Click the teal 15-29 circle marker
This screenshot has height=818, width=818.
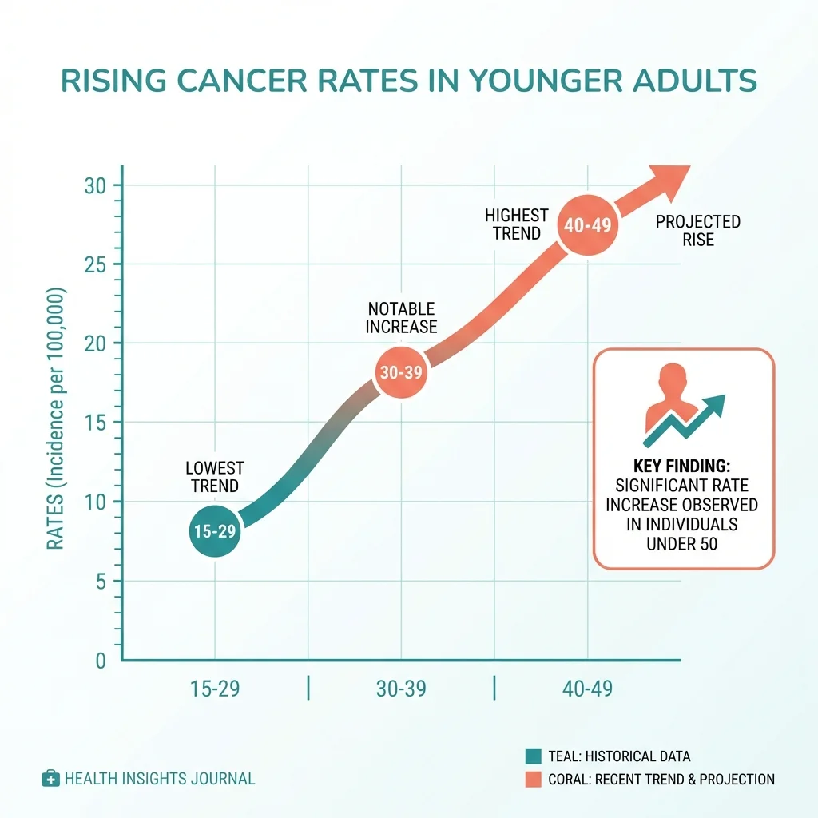click(x=214, y=531)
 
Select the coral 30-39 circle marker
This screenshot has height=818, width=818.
click(x=402, y=372)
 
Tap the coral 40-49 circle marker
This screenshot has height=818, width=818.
click(x=587, y=225)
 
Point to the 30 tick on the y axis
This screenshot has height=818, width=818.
click(x=96, y=186)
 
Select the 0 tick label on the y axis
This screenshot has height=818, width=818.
click(x=101, y=661)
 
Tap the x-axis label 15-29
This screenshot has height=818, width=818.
click(x=214, y=689)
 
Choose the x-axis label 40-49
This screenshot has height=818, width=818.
click(x=587, y=689)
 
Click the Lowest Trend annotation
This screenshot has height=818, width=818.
click(x=214, y=477)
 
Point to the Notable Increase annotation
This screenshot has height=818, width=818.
click(x=402, y=318)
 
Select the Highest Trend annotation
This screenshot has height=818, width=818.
click(x=517, y=224)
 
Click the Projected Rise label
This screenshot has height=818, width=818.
click(x=697, y=231)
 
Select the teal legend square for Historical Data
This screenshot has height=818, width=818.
click(x=534, y=756)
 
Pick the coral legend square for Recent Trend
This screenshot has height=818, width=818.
click(x=534, y=779)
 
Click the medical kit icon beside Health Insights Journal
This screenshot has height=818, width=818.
click(x=50, y=778)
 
